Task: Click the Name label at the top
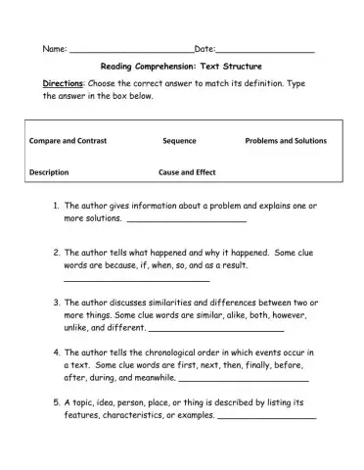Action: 54,49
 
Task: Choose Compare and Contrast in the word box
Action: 68,141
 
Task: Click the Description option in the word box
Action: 49,172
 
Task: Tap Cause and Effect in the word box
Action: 187,172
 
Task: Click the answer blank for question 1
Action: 181,222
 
